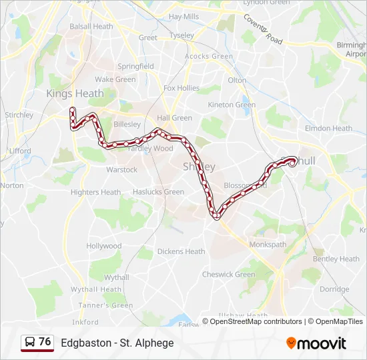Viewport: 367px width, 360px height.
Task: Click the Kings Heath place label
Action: (75, 93)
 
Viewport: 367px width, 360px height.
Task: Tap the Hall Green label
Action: (174, 118)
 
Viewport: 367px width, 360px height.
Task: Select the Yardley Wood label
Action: (150, 149)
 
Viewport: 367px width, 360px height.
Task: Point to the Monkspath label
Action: (268, 245)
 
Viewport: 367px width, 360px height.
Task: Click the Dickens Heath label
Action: (181, 251)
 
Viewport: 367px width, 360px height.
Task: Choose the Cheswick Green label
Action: (228, 274)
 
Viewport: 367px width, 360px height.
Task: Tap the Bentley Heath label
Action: (336, 259)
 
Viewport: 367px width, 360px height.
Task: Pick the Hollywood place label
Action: (103, 246)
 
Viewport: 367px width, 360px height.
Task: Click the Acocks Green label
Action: (209, 57)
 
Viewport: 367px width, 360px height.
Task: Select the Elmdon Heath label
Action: (328, 128)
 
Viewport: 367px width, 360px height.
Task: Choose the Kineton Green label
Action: (232, 105)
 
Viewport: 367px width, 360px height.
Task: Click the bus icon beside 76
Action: (29, 343)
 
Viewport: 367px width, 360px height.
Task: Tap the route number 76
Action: (45, 342)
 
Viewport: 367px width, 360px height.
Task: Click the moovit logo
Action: (316, 343)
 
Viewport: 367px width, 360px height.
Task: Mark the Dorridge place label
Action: (334, 289)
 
